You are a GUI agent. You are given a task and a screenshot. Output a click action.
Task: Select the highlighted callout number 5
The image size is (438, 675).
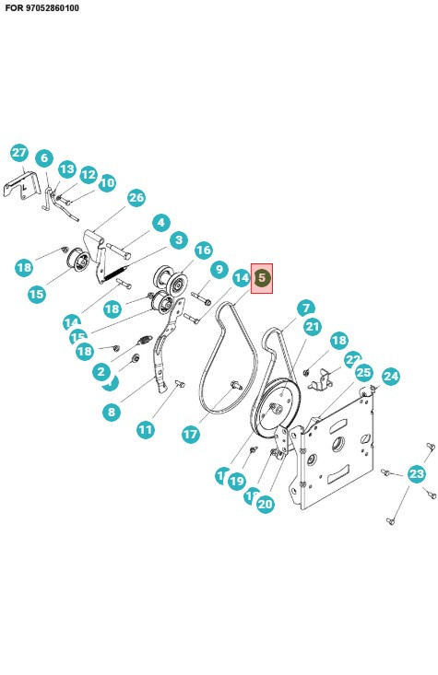[x=262, y=277]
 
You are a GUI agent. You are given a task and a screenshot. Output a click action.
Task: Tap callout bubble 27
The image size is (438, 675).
[x=19, y=153]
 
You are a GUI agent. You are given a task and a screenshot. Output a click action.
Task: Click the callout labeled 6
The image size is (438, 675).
[x=43, y=158]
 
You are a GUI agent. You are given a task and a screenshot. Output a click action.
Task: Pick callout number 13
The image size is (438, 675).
[x=67, y=169]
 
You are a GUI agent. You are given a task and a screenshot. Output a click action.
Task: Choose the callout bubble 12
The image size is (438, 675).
[x=89, y=175]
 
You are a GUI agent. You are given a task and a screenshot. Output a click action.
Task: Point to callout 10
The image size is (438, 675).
[x=107, y=183]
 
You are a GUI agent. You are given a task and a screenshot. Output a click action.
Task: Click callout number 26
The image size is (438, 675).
[x=136, y=198]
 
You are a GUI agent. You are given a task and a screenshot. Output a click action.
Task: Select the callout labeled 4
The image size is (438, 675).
[x=160, y=222]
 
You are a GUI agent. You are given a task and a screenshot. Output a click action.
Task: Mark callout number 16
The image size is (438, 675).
[x=203, y=250]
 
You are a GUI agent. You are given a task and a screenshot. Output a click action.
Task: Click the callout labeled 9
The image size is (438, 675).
[x=219, y=270]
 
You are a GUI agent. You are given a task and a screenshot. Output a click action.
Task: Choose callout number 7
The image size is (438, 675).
[x=305, y=308]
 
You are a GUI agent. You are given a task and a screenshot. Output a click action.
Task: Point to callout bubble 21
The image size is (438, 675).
[x=313, y=327]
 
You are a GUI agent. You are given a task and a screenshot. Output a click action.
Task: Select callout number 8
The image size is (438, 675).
[x=112, y=412]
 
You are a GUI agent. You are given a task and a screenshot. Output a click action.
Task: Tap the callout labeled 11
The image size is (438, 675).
[x=146, y=429]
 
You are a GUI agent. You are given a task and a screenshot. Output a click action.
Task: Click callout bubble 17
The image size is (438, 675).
[x=190, y=434]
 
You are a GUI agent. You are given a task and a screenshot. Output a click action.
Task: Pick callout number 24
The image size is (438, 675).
[x=391, y=376]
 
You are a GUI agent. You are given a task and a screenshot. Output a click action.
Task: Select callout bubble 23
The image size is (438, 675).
[x=417, y=474]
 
